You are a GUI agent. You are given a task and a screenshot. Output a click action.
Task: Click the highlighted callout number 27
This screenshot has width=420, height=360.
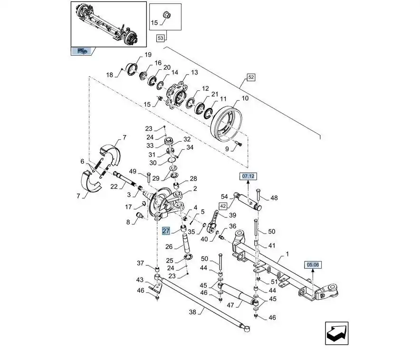[166, 231]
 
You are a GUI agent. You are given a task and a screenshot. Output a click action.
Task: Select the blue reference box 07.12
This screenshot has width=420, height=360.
[248, 176]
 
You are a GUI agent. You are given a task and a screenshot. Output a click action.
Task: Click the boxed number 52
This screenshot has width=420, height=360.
[251, 77]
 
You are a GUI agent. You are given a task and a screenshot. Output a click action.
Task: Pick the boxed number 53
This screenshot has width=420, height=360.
[160, 38]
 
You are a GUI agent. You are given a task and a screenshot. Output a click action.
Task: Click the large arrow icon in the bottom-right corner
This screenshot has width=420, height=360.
[337, 334]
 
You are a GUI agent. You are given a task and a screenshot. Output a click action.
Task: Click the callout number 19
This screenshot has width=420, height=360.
[148, 54]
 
